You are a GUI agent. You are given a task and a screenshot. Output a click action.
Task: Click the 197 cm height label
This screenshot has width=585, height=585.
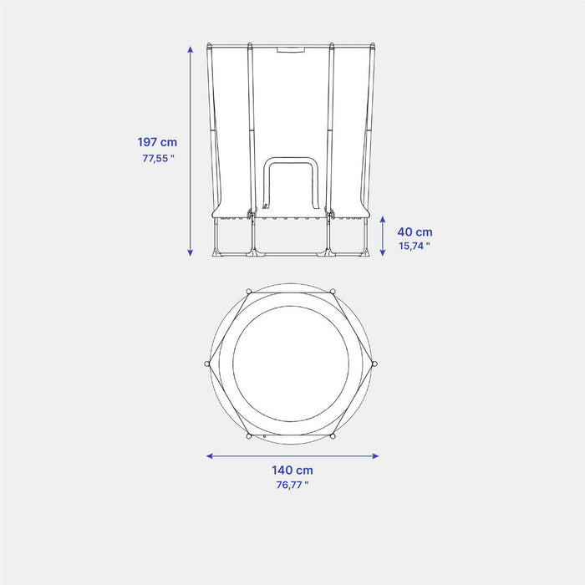[x=157, y=142]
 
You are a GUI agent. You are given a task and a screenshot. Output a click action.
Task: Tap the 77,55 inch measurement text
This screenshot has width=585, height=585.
[x=158, y=159]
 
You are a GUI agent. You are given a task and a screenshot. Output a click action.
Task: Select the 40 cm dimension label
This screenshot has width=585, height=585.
[x=415, y=232]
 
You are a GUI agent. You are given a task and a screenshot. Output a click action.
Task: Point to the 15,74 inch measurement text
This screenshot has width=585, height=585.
[x=415, y=247]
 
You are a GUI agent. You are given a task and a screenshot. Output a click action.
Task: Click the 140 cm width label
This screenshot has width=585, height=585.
[x=292, y=471]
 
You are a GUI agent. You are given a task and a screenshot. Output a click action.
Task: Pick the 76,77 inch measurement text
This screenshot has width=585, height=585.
[x=292, y=485]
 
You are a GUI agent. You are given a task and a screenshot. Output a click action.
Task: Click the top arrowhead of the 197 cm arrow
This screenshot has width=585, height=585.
[x=191, y=49]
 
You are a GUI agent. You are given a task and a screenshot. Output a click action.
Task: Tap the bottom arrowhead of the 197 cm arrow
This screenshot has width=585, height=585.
[x=191, y=252]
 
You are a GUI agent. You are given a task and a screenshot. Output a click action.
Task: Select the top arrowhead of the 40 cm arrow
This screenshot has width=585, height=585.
[x=383, y=220]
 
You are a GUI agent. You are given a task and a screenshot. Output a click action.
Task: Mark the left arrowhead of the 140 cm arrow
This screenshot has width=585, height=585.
[x=210, y=456]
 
